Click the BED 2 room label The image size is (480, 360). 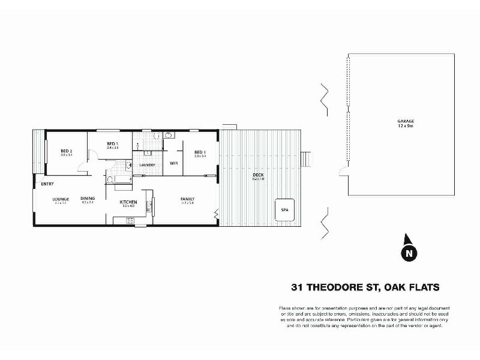pyautogui.click(x=66, y=151)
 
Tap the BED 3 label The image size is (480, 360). pyautogui.click(x=112, y=143)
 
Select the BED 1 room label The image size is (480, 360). pyautogui.click(x=200, y=152)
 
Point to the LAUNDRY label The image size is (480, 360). pyautogui.click(x=148, y=165)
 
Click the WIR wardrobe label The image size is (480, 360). pyautogui.click(x=173, y=163)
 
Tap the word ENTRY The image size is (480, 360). pyautogui.click(x=47, y=184)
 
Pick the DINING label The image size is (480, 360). pyautogui.click(x=88, y=199)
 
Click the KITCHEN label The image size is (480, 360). pyautogui.click(x=129, y=202)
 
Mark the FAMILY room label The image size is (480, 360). pyautogui.click(x=187, y=199)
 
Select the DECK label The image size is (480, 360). pyautogui.click(x=259, y=175)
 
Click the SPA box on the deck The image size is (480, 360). pyautogui.click(x=284, y=209)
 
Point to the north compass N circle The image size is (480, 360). pyautogui.click(x=408, y=253)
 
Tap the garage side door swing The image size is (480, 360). pyautogui.click(x=342, y=173)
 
